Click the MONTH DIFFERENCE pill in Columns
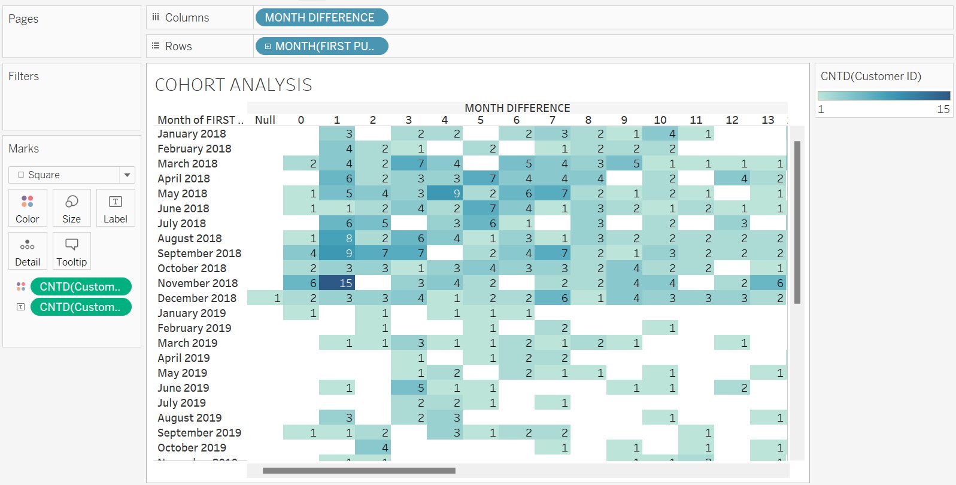point(321,18)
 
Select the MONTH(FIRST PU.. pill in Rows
point(321,46)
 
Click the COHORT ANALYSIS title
point(233,85)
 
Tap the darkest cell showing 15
point(337,283)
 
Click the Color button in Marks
point(28,208)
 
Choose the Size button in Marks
point(71,208)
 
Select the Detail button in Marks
point(28,251)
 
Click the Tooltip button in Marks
point(71,251)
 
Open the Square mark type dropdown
point(127,175)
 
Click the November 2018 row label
point(198,283)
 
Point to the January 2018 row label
point(192,133)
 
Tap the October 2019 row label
point(192,447)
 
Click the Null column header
point(265,120)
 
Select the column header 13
point(768,120)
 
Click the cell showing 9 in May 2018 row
point(445,193)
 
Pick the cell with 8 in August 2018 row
point(337,238)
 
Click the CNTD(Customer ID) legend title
point(870,76)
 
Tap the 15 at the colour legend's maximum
point(943,109)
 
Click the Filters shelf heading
point(24,76)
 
